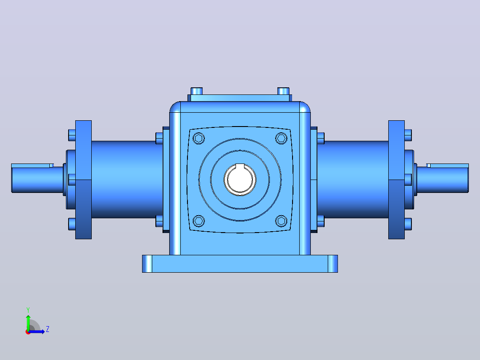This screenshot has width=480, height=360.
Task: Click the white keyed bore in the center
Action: click(x=240, y=180)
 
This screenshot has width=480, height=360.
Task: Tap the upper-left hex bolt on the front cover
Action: click(x=199, y=138)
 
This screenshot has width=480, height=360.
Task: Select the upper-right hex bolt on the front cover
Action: click(x=281, y=138)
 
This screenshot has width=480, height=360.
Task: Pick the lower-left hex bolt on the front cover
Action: click(x=199, y=221)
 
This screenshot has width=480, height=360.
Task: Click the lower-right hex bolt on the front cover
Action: click(x=281, y=221)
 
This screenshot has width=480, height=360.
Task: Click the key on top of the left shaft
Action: click(x=33, y=166)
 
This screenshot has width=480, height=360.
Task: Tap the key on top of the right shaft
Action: click(x=447, y=166)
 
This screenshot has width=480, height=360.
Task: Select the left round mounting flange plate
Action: click(x=83, y=180)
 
